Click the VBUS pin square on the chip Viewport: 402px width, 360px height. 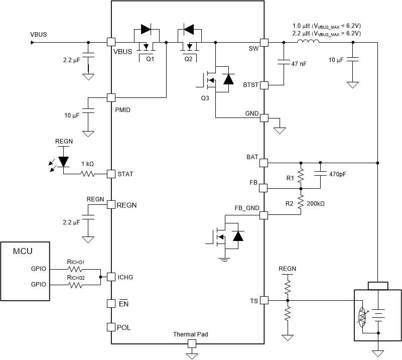pos(111,43)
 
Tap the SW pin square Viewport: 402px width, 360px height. pos(264,43)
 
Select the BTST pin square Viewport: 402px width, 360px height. pos(264,85)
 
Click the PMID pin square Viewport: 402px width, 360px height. pos(111,97)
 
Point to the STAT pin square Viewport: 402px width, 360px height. pos(111,174)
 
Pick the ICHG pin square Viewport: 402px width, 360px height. pos(111,277)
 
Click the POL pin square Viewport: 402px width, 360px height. pos(111,327)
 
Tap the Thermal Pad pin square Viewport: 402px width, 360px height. pos(191,344)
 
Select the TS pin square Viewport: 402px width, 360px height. pos(264,300)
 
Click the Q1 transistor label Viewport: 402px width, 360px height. pos(150,59)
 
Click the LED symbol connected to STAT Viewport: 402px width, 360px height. pos(63,161)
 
